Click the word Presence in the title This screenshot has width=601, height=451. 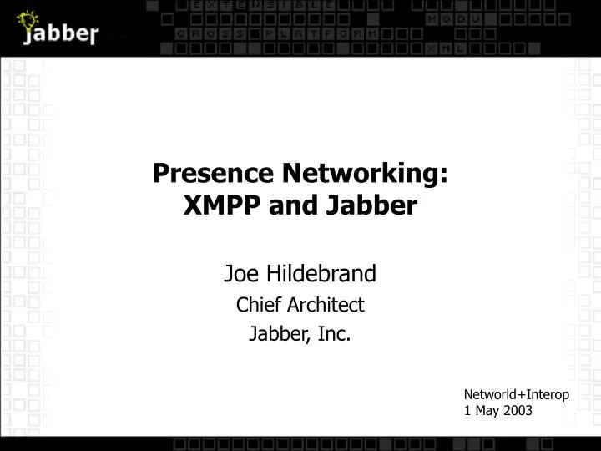click(213, 174)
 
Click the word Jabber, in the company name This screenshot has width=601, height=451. click(278, 335)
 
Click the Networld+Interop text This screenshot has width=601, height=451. click(517, 394)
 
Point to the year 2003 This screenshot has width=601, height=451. click(517, 410)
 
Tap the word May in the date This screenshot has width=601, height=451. click(486, 411)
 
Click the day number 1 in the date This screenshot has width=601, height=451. click(467, 410)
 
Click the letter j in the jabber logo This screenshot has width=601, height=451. click(28, 37)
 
